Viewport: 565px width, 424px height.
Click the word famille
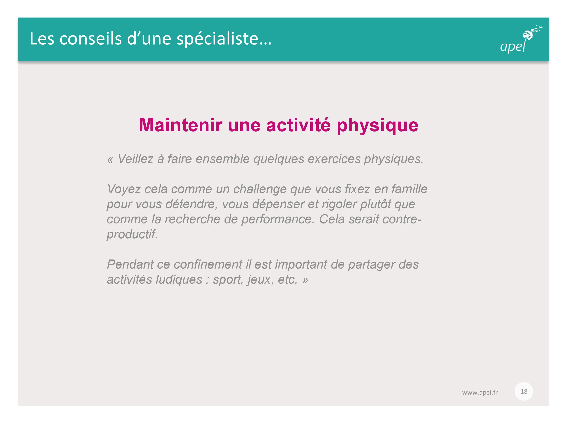[x=409, y=189]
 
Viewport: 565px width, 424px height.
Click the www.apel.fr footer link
[x=480, y=392]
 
